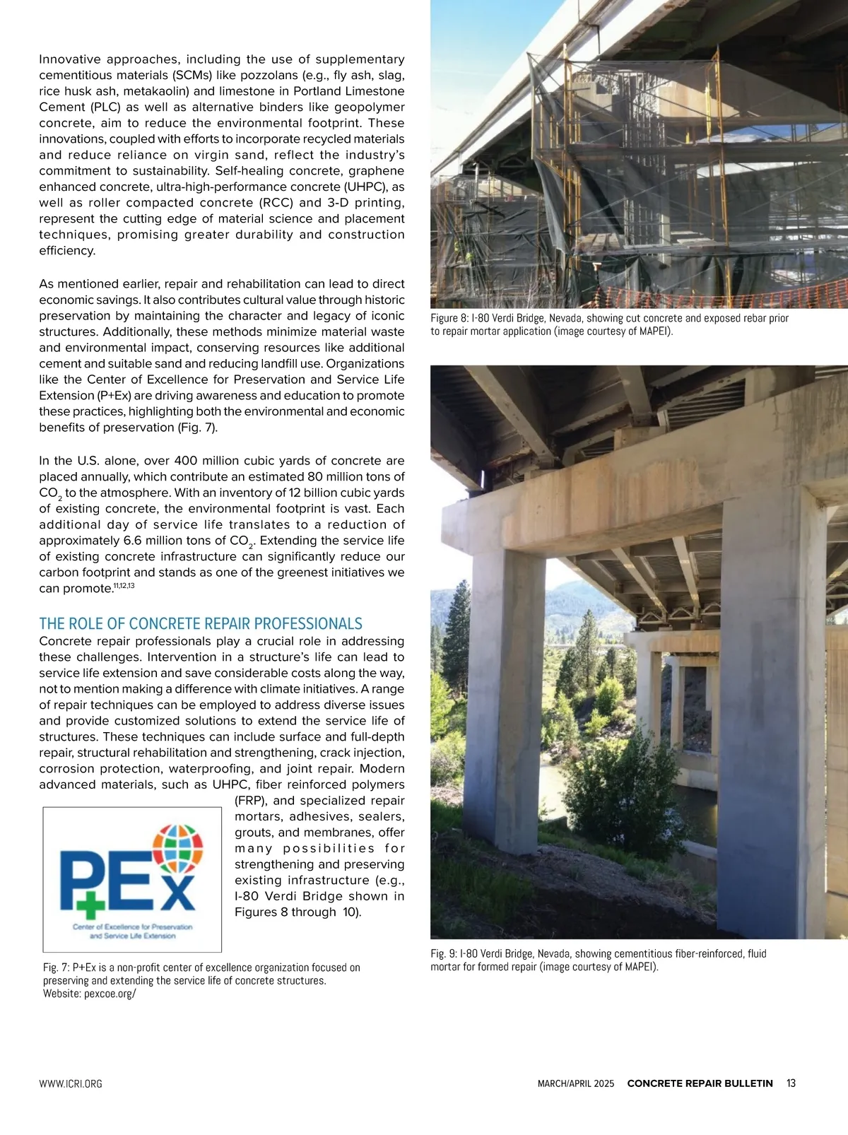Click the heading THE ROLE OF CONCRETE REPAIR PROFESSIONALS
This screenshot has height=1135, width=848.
(x=201, y=623)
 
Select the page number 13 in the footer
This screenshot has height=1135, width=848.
(x=791, y=1083)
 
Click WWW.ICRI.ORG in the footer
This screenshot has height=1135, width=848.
(x=71, y=1084)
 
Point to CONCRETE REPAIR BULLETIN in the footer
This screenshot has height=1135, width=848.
(x=700, y=1083)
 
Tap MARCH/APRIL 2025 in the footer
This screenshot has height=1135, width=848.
(x=576, y=1084)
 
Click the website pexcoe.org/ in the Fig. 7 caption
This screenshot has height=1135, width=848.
(x=110, y=994)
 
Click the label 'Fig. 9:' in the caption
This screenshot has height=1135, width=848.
(x=444, y=953)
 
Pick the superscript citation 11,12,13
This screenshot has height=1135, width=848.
(x=124, y=586)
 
